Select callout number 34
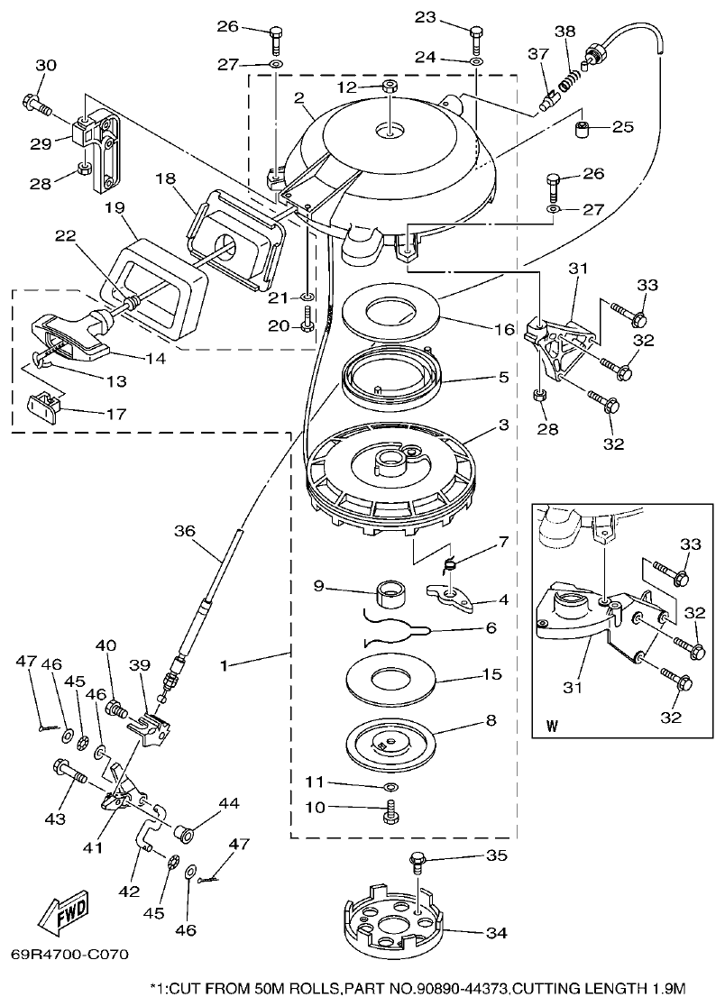pyautogui.click(x=496, y=933)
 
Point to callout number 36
pyautogui.click(x=184, y=532)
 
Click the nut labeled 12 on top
pyautogui.click(x=390, y=87)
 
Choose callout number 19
pyautogui.click(x=114, y=206)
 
